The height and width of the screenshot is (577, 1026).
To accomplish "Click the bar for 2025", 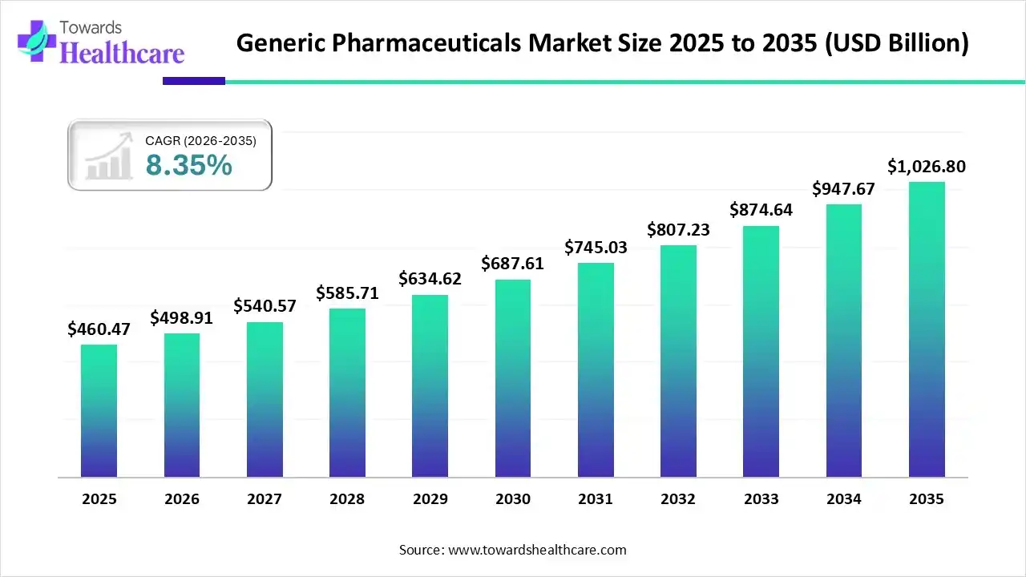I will tap(99, 410).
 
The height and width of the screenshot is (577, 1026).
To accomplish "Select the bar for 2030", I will tap(512, 378).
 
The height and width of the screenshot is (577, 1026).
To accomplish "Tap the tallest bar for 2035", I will tap(927, 329).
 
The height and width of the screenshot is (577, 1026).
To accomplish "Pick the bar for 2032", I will tap(678, 361).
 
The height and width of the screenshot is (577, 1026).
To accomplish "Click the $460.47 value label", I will tap(99, 329).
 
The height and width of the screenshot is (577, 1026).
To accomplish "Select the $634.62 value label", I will tap(430, 279).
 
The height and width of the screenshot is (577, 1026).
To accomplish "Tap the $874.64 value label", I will tap(761, 210).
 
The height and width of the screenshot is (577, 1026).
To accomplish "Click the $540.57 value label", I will tap(264, 306).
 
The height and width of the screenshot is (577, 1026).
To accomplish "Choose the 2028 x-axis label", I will tap(347, 499).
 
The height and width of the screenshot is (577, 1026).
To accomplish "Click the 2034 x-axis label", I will tap(844, 499).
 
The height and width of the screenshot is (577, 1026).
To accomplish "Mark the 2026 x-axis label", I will tap(181, 499).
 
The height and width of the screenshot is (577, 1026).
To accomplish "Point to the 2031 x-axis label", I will tap(596, 499).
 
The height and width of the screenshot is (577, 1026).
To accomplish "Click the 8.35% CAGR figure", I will tap(188, 165).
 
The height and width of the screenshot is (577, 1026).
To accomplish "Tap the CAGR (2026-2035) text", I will tap(200, 141).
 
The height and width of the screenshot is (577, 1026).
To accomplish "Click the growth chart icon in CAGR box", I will tap(109, 157).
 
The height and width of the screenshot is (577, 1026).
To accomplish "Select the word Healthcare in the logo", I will tap(122, 53).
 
